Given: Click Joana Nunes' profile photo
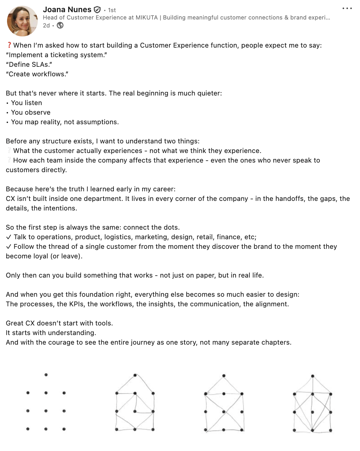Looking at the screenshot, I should pos(22,21).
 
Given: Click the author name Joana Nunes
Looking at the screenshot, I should pos(67,10).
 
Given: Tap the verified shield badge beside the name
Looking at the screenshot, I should pos(97,10).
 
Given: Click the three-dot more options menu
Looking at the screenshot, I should pos(347,8).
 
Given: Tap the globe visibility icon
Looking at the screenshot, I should pos(60,26).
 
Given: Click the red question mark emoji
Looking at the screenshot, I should pos(9,45).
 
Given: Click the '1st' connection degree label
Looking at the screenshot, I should pos(112,10).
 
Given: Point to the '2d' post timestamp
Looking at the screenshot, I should pos(46,26).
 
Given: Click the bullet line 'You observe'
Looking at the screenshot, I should pos(31,112).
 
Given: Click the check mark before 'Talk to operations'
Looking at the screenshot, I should pos(9,237).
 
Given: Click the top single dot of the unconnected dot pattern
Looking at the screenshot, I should pos(46,375).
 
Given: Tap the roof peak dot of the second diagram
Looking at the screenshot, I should pos(135,375).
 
